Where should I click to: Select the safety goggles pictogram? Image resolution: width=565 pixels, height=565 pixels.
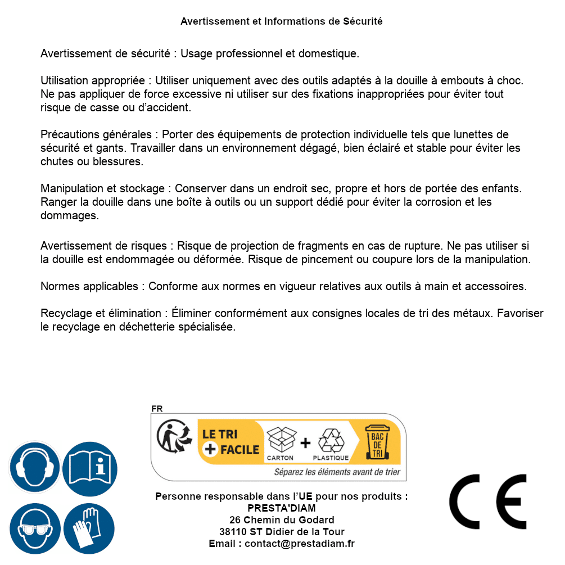(x=35, y=528)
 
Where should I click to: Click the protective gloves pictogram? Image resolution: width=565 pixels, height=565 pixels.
(x=89, y=528)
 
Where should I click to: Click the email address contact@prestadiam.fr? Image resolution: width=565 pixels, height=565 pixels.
(x=300, y=544)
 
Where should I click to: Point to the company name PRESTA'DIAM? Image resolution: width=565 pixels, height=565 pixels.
(x=281, y=508)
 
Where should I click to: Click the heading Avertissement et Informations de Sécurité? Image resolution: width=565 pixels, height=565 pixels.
(x=281, y=21)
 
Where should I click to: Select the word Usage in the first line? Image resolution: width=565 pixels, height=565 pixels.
(x=197, y=54)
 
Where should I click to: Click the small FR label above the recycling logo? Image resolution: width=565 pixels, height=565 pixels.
(x=157, y=409)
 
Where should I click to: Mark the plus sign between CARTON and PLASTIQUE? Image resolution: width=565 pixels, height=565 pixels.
(x=305, y=443)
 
